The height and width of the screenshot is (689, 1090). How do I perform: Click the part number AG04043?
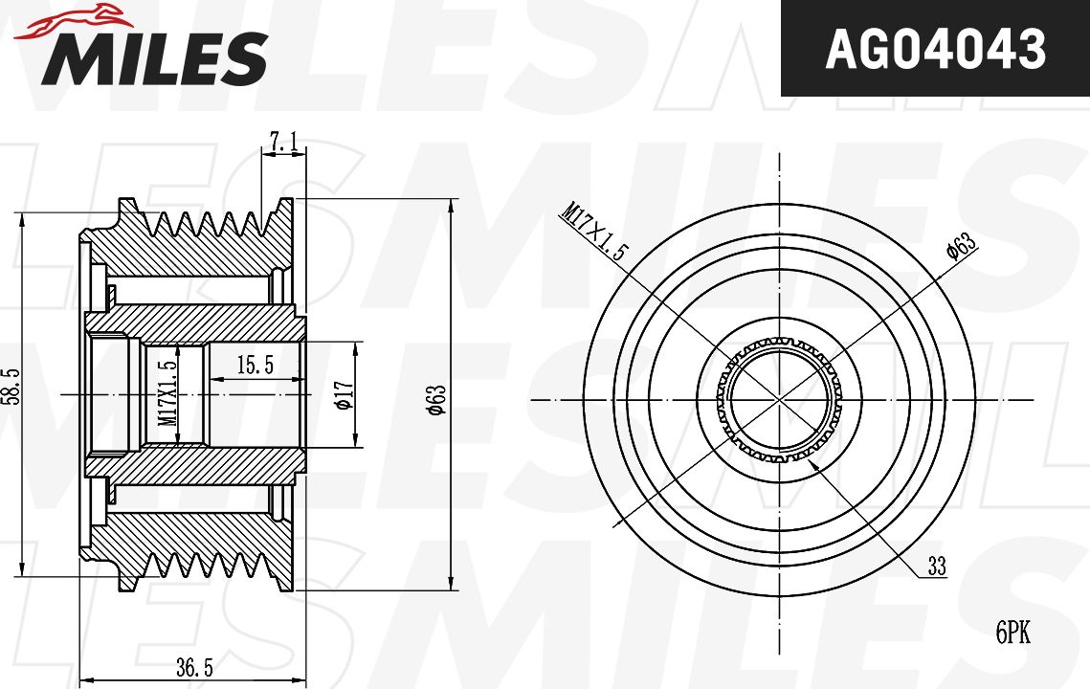point(935,49)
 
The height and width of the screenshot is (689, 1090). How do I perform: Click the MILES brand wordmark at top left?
point(154,58)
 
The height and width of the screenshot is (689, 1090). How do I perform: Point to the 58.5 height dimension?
point(11,387)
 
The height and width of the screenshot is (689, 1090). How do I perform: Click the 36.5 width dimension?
point(194,668)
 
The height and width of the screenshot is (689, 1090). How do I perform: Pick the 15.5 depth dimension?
point(256,365)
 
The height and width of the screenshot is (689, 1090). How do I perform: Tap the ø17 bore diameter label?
point(345,395)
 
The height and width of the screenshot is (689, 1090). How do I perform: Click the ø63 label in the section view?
point(436,400)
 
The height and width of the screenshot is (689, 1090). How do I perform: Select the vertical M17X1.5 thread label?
point(167,393)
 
